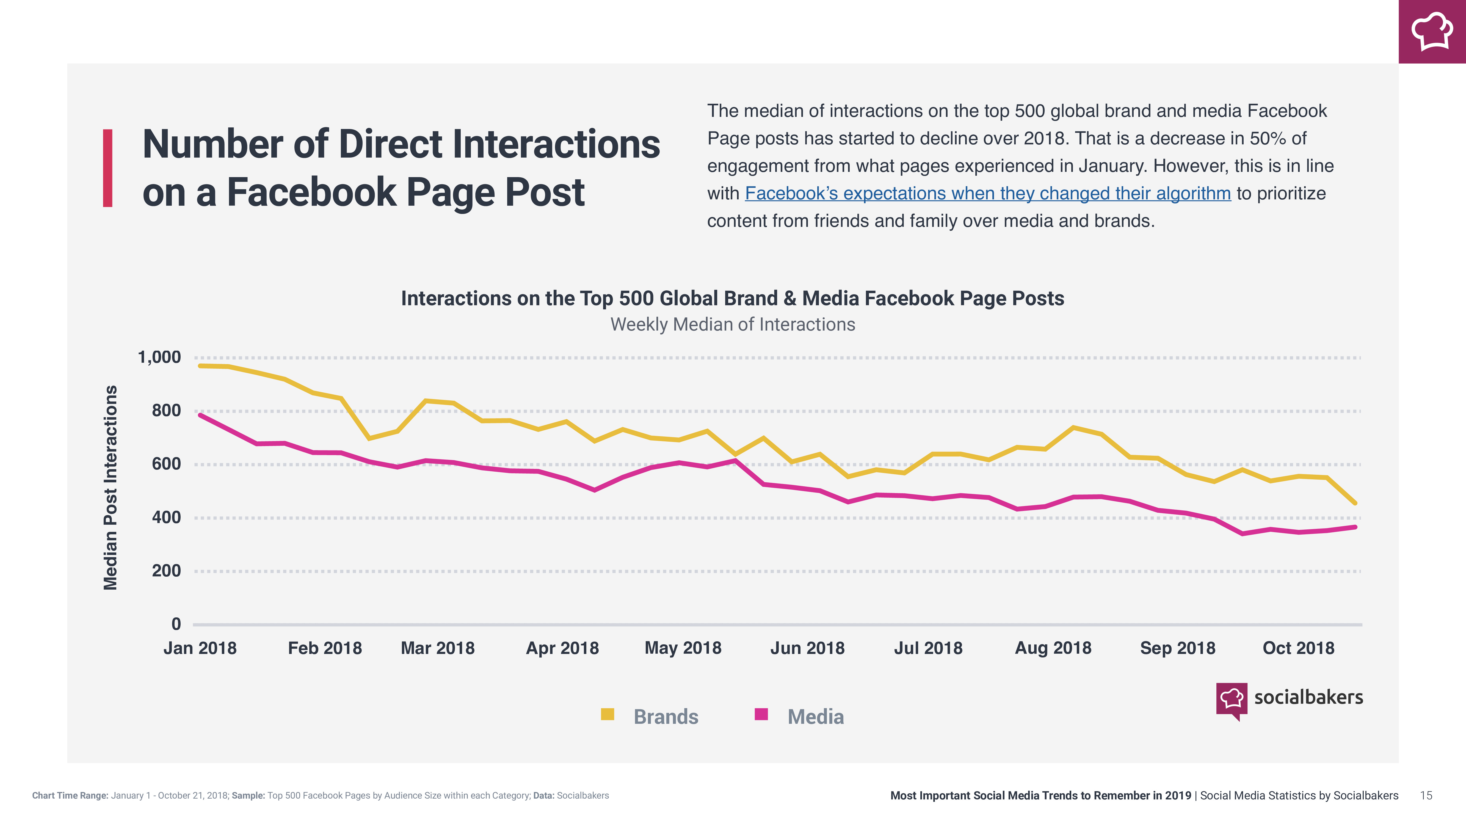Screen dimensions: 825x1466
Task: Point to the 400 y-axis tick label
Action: pos(166,518)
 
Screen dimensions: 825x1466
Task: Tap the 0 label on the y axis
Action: pos(176,624)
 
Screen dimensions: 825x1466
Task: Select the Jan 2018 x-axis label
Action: pos(200,648)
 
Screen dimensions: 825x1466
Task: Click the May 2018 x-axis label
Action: pos(682,648)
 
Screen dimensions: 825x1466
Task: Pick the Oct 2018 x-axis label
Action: pos(1298,648)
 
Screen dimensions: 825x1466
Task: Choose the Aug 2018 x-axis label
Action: pos(1053,648)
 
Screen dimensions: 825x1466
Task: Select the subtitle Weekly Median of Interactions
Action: pos(732,324)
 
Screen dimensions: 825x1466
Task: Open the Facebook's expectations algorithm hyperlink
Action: pos(987,194)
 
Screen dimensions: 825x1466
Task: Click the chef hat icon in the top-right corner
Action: pos(1432,31)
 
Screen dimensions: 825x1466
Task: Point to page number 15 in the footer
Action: pos(1426,795)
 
